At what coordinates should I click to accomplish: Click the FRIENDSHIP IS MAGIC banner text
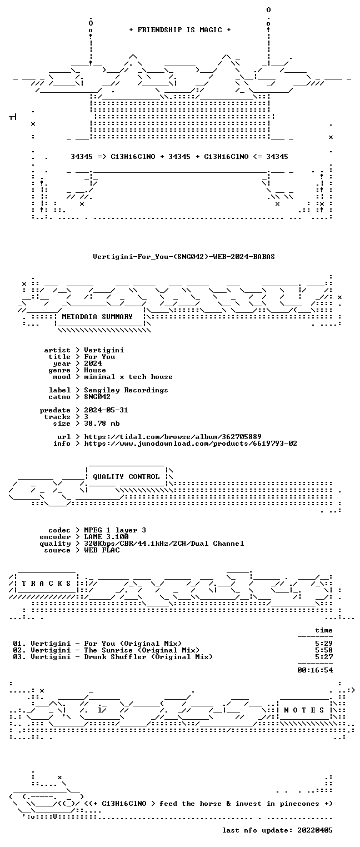180,30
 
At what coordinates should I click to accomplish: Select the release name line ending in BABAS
184,256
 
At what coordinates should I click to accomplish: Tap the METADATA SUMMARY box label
97,316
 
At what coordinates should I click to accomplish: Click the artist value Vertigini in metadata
104,350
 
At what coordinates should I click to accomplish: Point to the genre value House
95,370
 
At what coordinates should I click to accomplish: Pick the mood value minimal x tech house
128,377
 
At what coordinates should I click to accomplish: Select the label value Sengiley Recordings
126,390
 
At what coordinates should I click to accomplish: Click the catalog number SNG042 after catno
97,397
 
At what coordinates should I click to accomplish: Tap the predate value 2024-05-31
106,410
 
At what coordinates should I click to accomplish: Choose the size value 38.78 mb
102,423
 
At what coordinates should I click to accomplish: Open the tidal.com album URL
173,437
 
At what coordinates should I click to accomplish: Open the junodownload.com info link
191,444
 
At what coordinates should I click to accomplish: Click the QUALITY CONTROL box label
126,477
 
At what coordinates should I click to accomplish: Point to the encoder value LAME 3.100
106,537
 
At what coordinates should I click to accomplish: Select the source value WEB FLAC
102,550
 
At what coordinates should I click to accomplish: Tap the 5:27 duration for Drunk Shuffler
324,657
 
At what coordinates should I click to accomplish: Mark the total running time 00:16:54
315,670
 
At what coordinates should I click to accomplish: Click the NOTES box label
304,710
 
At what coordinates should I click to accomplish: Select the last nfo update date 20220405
315,830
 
